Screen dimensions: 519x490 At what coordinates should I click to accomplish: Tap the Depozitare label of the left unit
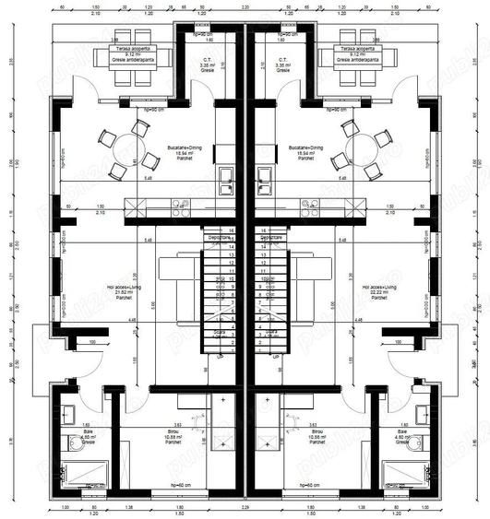[x=220, y=237]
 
